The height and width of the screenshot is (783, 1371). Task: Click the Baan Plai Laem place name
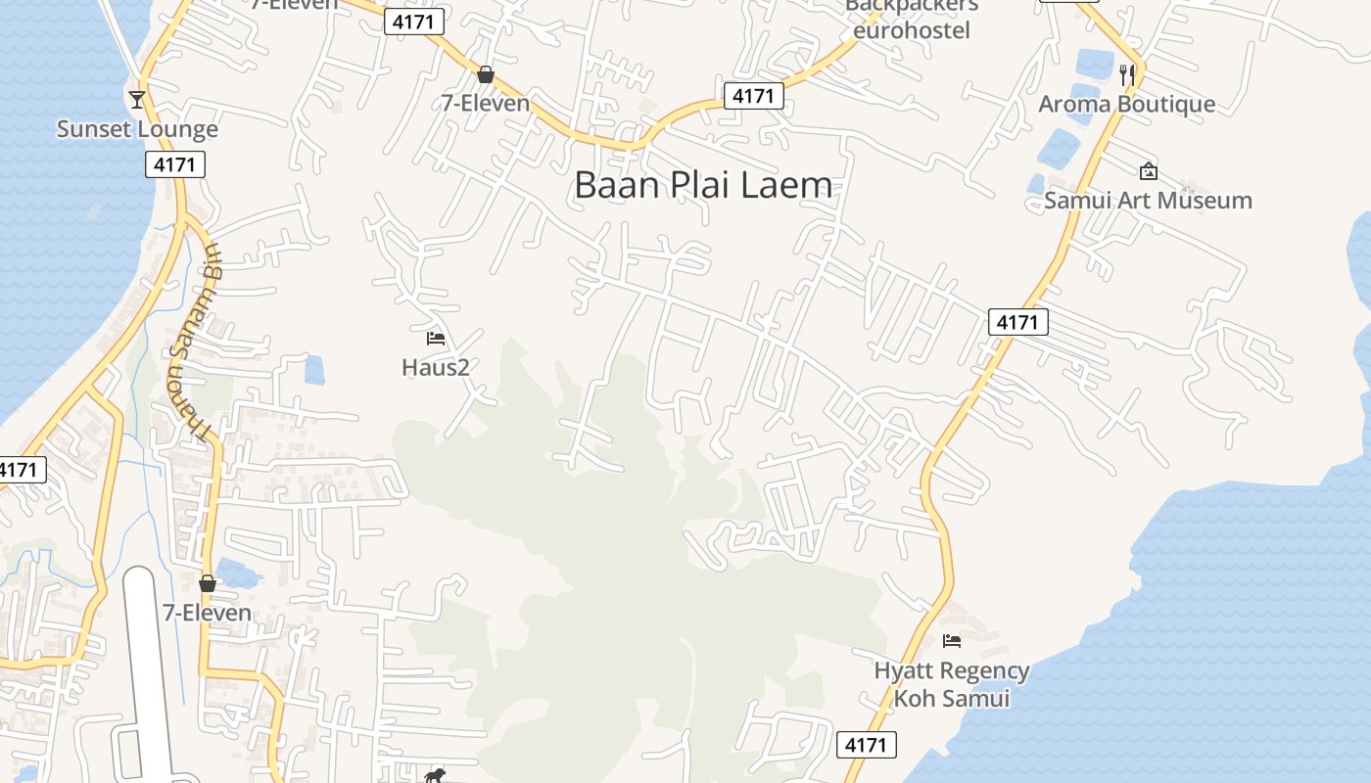[x=702, y=185]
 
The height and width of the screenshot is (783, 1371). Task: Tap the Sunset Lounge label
[x=137, y=129]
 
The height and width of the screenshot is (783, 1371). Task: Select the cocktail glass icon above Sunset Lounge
[x=136, y=99]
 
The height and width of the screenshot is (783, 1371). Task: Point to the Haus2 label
[x=436, y=367]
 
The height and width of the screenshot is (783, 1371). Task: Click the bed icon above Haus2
[x=436, y=339]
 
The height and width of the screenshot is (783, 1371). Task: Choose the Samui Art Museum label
[x=1148, y=201]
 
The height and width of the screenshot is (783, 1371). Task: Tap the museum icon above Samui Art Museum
[x=1148, y=171]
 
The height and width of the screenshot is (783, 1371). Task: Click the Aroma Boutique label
[x=1126, y=104]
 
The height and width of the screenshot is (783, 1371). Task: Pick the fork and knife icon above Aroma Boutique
[x=1127, y=73]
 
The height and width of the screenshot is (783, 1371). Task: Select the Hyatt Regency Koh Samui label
[x=951, y=684]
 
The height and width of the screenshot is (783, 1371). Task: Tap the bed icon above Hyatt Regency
[x=951, y=641]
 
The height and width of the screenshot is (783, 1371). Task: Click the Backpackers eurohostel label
[x=911, y=18]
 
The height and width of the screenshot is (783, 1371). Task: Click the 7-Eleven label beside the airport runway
[x=207, y=613]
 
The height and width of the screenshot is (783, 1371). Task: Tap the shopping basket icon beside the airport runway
[x=208, y=583]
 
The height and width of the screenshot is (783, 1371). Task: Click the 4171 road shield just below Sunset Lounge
[x=175, y=164]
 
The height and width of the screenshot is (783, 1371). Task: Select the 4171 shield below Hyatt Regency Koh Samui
[x=868, y=745]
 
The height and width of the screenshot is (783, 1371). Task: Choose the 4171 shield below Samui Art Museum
[x=1018, y=321]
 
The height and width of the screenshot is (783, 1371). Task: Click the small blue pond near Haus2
[x=314, y=370]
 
